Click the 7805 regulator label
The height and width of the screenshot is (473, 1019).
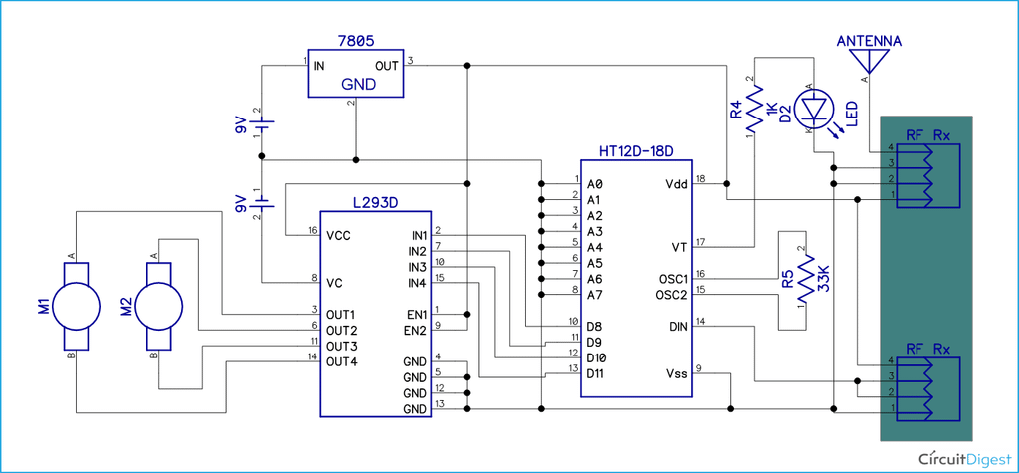click(356, 42)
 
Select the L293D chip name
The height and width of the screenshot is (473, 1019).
click(375, 202)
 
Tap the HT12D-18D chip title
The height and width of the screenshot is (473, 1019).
click(637, 152)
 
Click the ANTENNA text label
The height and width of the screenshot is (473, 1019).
click(869, 41)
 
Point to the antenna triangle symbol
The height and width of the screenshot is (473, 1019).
click(866, 63)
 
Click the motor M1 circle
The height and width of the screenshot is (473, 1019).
click(74, 305)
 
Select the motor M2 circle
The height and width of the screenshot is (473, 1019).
click(156, 305)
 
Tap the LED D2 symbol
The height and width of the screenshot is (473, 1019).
click(816, 109)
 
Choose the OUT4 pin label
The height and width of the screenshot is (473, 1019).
click(341, 361)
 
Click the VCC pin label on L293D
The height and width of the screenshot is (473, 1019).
click(339, 236)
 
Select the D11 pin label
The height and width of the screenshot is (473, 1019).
click(597, 373)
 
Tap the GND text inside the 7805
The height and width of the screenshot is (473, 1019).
click(358, 85)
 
